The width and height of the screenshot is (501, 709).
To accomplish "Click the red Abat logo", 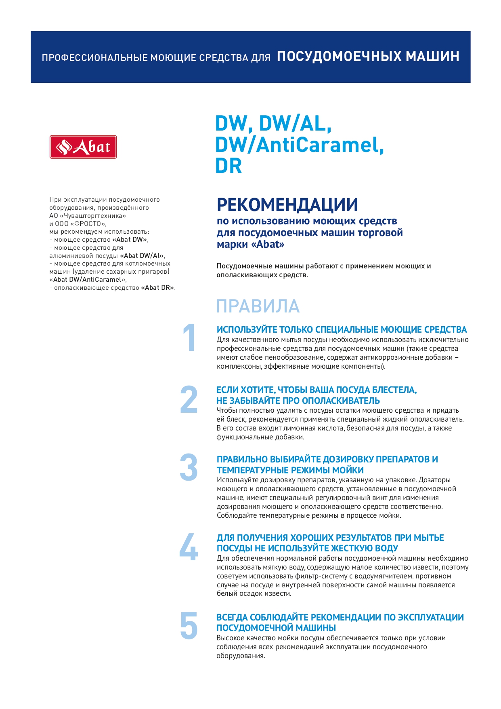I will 83,147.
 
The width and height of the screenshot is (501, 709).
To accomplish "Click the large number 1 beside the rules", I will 189,338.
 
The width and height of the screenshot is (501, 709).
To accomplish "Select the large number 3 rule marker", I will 189,468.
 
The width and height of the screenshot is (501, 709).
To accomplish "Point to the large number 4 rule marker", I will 189,547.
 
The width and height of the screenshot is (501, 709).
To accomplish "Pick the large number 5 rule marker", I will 189,625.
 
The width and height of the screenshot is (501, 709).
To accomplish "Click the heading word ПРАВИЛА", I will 258,306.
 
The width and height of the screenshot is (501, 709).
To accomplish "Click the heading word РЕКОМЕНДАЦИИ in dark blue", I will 287,205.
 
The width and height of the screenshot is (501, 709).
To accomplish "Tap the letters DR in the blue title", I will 228,166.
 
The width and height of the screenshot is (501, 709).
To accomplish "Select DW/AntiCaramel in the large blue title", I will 299,145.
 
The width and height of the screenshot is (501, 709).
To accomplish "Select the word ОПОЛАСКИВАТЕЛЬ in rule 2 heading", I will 341,401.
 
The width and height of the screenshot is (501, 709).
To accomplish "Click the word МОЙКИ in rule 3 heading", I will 348,470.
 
